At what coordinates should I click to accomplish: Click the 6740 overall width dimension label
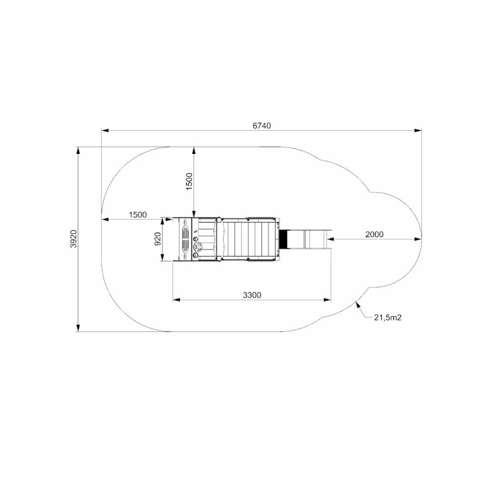click(262, 126)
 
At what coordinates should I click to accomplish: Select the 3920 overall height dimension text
click(74, 239)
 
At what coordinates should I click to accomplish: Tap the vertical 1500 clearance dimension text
click(189, 181)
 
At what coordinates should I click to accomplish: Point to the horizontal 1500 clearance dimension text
click(138, 215)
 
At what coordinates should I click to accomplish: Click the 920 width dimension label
click(158, 239)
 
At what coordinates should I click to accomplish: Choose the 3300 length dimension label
click(252, 295)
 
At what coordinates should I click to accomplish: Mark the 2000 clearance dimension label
click(374, 235)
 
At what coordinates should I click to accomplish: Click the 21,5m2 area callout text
click(387, 317)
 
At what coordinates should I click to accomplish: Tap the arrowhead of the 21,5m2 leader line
click(358, 305)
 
